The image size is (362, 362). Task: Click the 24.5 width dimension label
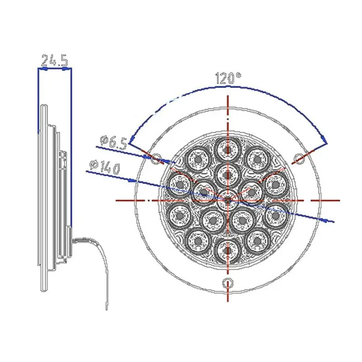coord(54,60)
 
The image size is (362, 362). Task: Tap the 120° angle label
coord(228,78)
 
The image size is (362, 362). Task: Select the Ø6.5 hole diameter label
coord(113,143)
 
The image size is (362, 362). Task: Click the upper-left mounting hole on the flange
coord(156,158)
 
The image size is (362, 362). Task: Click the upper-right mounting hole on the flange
coord(299,158)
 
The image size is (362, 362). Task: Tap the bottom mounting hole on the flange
coord(228,283)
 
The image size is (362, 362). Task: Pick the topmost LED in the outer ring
coord(228,150)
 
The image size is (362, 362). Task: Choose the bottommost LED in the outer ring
coord(228,250)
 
